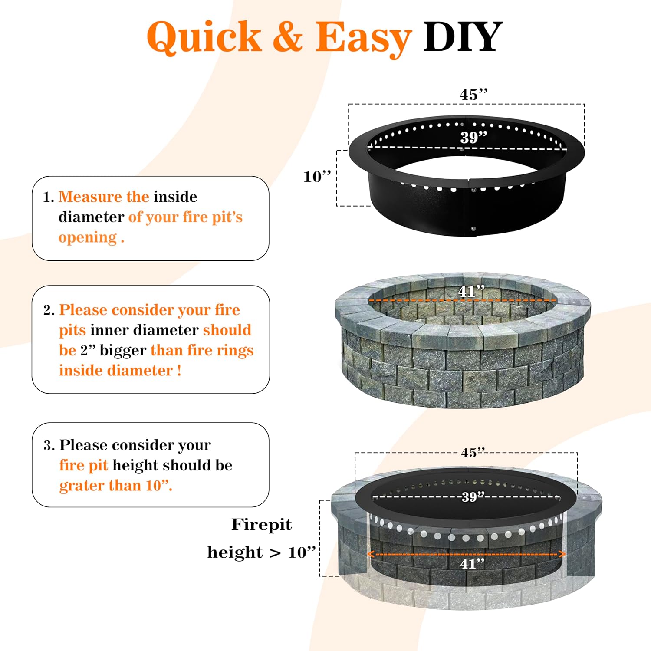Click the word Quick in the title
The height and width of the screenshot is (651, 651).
(204, 37)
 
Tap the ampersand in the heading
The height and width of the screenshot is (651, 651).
(288, 37)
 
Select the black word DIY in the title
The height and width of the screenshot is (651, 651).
(463, 37)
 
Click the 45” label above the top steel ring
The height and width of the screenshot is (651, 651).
(473, 95)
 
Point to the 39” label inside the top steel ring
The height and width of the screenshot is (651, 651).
(473, 138)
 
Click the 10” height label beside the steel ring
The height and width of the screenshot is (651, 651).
(317, 177)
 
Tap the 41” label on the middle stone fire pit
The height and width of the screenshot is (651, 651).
(471, 291)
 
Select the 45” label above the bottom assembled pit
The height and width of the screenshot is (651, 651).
(473, 453)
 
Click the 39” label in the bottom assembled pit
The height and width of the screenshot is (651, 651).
(473, 496)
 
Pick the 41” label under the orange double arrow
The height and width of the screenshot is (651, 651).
(472, 564)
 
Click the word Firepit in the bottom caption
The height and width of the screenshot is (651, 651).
(261, 525)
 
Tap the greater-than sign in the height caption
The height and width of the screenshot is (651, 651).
(275, 553)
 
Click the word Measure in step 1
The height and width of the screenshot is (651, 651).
(90, 197)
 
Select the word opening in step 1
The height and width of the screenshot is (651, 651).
(88, 237)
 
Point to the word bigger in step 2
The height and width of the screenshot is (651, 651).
(123, 350)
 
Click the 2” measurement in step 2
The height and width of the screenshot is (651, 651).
(88, 350)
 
